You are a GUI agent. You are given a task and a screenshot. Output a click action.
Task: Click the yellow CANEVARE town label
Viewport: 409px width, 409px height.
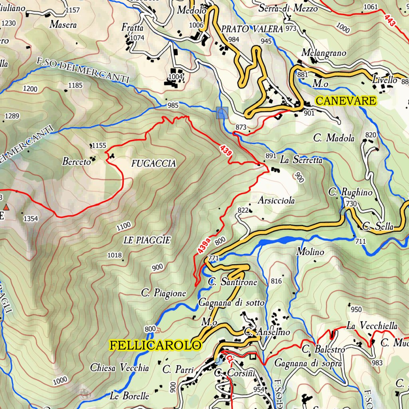coord(345,101)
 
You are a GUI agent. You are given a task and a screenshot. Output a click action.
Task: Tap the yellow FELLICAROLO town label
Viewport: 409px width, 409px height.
coord(155,345)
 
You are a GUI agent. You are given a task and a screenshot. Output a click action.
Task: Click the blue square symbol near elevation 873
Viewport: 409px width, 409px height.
coord(222,113)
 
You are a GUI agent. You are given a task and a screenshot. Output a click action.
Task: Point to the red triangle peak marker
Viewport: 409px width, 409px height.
coord(6,207)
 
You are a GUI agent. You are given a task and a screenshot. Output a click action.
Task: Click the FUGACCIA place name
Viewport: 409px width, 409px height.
coord(153,163)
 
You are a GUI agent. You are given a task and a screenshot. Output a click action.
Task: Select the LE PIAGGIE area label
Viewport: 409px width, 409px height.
coord(147,240)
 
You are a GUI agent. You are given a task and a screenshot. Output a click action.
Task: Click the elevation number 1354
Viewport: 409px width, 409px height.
coord(31,218)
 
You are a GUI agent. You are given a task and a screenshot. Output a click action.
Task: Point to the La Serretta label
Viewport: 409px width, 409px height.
coord(301,160)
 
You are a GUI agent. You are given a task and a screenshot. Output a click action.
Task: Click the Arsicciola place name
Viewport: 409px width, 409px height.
coord(276,200)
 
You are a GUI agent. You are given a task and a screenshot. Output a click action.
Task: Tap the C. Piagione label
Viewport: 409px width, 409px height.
coord(164,293)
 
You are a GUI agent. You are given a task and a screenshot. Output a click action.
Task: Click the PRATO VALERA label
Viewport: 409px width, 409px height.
coord(252,29)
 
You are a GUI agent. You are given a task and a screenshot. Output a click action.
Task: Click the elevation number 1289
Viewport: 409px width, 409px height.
coord(12,116)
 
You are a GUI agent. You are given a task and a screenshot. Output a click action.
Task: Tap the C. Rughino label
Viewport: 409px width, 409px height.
coord(350,192)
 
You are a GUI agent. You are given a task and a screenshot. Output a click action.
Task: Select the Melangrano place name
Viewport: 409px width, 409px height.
coord(324,53)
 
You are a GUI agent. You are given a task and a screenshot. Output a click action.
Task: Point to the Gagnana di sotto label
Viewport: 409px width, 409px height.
coord(231,303)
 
